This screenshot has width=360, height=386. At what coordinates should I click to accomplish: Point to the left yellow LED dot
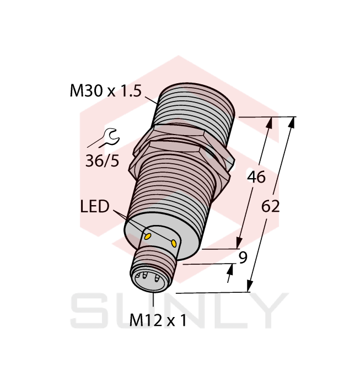[x=148, y=236]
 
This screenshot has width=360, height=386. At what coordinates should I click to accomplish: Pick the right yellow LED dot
[x=175, y=244]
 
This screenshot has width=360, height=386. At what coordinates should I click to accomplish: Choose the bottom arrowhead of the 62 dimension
[x=250, y=286]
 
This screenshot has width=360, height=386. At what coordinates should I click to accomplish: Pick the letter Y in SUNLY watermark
[x=268, y=312]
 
